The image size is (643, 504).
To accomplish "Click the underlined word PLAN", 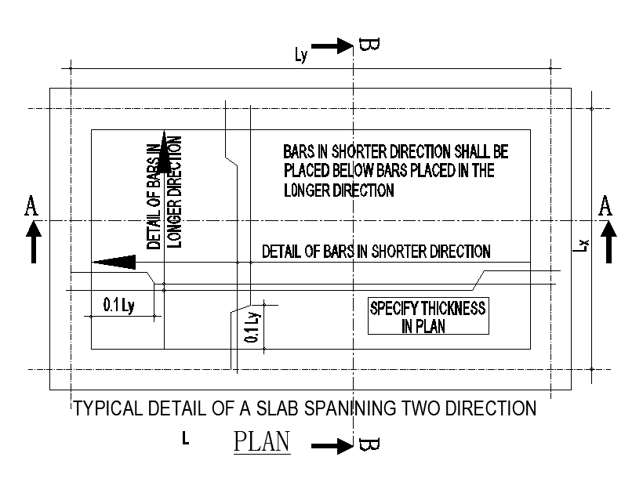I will pyautogui.click(x=262, y=441).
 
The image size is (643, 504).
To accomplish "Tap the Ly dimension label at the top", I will pyautogui.click(x=302, y=54).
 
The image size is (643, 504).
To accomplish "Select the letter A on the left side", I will pyautogui.click(x=31, y=206).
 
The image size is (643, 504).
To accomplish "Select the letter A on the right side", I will pyautogui.click(x=605, y=206).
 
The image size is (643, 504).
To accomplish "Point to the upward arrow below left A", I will pyautogui.click(x=32, y=241).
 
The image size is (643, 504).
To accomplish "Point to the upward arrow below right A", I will pyautogui.click(x=608, y=241).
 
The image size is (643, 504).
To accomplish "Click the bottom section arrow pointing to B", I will pyautogui.click(x=332, y=447).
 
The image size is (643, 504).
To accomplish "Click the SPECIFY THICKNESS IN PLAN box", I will pyautogui.click(x=427, y=317).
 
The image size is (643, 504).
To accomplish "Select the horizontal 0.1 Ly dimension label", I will pyautogui.click(x=118, y=306).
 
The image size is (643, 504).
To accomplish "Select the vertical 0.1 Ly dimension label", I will pyautogui.click(x=252, y=328).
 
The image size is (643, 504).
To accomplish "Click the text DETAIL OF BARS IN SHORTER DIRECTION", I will pyautogui.click(x=376, y=252).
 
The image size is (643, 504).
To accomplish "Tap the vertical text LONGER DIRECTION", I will pyautogui.click(x=176, y=192).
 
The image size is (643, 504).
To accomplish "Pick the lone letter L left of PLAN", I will pyautogui.click(x=185, y=440).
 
